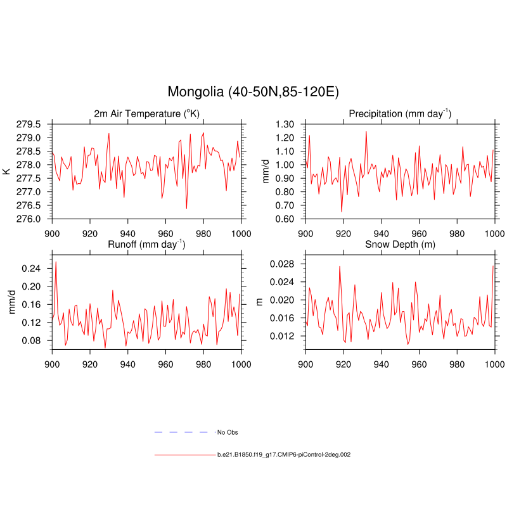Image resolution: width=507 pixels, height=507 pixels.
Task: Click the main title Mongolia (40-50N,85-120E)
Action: [x=253, y=92]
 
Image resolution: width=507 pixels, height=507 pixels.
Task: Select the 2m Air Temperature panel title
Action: [x=146, y=113]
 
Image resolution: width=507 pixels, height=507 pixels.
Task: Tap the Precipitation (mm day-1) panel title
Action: [x=400, y=113]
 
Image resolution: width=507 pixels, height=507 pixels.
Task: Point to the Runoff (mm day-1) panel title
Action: [x=146, y=244]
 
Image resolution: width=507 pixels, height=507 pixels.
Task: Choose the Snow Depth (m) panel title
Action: [x=400, y=244]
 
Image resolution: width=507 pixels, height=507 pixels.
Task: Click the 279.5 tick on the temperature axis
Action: [x=31, y=124]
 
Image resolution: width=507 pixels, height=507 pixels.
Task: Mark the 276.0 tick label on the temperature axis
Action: [x=31, y=219]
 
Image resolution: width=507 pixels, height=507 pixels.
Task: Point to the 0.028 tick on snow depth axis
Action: [x=283, y=263]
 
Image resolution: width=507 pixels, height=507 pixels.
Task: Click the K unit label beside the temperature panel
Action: [x=6, y=171]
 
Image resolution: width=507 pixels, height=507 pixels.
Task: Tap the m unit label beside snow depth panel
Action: [x=259, y=302]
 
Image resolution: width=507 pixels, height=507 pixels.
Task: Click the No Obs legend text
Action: [x=228, y=432]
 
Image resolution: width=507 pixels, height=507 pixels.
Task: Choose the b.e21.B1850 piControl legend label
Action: [x=284, y=454]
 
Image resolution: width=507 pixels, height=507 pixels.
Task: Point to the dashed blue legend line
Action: [x=181, y=432]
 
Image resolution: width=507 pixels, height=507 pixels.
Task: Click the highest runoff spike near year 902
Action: [x=56, y=262]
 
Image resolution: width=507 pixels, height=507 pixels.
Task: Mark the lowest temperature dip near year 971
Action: [x=186, y=208]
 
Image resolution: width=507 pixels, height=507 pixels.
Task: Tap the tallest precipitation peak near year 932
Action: [x=366, y=132]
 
